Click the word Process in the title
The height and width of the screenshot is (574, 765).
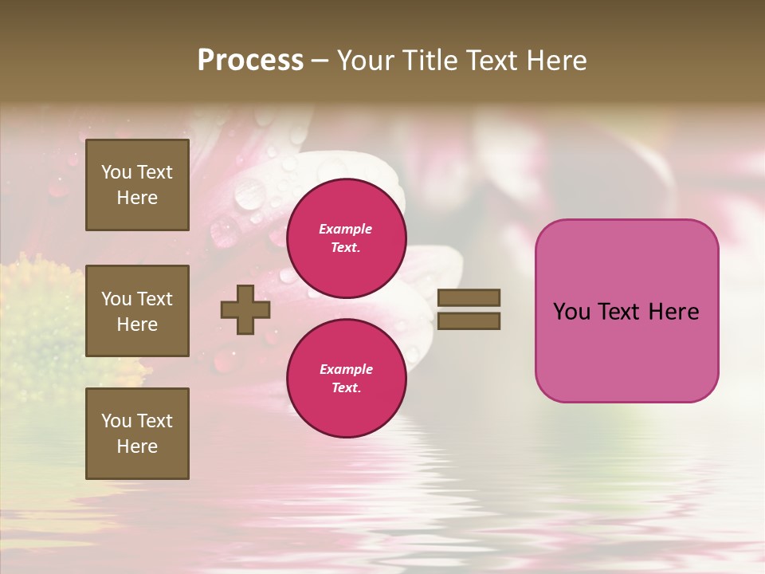250,61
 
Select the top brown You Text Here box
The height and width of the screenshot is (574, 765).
137,185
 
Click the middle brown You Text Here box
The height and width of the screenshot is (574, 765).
137,311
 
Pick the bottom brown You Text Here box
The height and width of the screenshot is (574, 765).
137,434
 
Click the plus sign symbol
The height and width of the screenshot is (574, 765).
245,309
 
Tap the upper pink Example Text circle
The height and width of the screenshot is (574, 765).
346,238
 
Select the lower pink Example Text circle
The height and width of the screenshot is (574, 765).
346,378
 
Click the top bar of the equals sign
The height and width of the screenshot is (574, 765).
469,297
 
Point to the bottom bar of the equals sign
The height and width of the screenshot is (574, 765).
469,321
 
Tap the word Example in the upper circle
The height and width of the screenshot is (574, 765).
346,229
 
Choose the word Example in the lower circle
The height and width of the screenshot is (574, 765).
346,369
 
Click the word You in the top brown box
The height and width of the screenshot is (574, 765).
116,172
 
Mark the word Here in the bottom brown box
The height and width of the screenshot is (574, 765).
137,446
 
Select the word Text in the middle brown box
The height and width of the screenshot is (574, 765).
155,299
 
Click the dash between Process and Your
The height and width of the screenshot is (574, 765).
320,61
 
